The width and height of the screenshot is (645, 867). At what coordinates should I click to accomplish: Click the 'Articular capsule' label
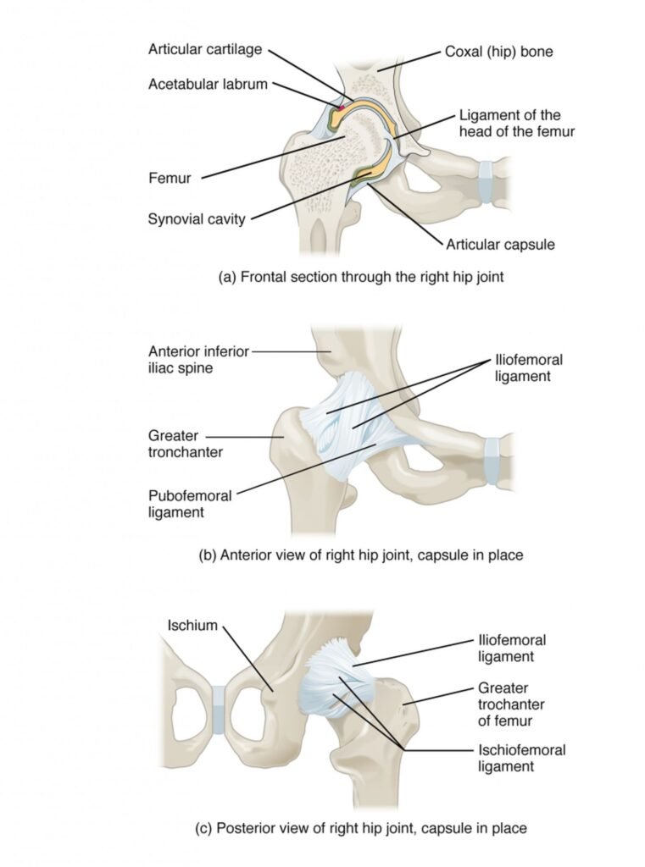500,245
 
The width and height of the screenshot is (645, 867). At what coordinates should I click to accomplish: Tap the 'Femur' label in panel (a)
169,179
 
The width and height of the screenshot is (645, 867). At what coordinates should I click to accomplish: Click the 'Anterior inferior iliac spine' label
198,359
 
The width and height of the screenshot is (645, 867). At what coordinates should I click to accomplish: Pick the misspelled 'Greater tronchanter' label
186,445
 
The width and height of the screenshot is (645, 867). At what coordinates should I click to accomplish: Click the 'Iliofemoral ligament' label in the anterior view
528,368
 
